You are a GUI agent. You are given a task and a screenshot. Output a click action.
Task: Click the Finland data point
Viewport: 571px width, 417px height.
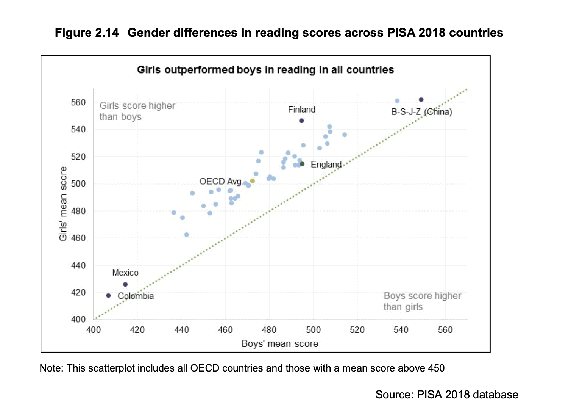(301, 121)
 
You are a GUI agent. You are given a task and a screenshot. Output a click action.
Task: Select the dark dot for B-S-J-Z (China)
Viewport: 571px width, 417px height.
(421, 100)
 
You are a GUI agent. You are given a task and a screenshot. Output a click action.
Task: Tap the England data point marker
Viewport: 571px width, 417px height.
(302, 164)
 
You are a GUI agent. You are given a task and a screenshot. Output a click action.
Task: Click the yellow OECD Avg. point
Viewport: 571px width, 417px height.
(253, 181)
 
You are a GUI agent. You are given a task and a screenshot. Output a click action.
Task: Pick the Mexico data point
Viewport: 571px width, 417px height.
(125, 284)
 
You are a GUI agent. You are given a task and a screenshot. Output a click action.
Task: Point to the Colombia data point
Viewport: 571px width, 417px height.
(109, 296)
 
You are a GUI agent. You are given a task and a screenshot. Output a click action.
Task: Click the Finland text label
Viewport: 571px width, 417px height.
(301, 110)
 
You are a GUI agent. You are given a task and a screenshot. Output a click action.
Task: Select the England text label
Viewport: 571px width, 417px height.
(326, 165)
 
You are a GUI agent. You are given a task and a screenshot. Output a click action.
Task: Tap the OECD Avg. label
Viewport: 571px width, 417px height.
(220, 182)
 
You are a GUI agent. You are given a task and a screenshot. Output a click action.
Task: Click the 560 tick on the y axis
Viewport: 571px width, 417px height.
(78, 103)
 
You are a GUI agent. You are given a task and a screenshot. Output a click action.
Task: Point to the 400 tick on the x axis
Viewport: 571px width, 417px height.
(94, 330)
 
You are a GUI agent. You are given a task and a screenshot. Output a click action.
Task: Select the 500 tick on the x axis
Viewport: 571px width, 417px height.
(313, 330)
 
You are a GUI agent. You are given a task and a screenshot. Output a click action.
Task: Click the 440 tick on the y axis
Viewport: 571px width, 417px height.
(78, 265)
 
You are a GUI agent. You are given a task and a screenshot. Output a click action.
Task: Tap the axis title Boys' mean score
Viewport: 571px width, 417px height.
(280, 344)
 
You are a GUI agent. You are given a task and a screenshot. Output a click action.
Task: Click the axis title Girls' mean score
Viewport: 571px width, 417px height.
(63, 204)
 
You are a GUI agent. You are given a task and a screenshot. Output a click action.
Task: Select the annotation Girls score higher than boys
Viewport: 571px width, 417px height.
(137, 111)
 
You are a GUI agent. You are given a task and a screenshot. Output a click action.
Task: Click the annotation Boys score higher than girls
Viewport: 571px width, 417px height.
(422, 301)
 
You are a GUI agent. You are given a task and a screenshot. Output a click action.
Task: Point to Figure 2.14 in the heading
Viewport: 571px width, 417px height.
(87, 33)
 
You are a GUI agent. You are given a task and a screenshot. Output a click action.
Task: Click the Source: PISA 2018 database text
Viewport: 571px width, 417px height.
(446, 395)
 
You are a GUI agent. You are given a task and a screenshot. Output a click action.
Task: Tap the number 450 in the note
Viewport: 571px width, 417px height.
(436, 368)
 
